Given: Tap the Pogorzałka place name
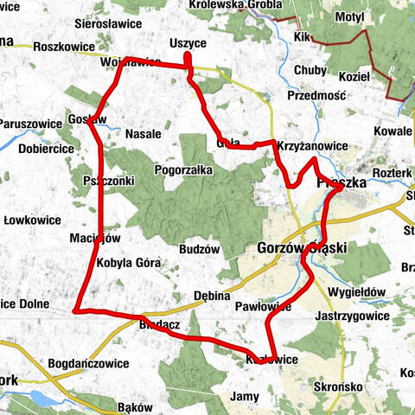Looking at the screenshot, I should tap(183, 170).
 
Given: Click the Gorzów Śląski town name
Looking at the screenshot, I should tap(302, 248).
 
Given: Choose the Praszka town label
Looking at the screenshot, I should tap(342, 184).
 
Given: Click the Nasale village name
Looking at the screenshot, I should tap(144, 134).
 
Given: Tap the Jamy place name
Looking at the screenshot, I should tap(245, 396).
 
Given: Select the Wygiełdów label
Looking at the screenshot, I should tap(357, 292).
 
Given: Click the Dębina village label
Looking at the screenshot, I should tap(211, 293).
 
